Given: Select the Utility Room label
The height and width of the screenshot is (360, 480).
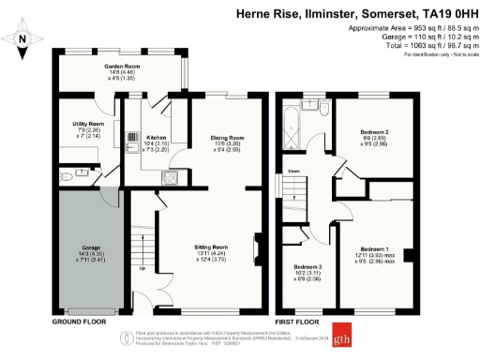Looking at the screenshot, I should tap(87, 124).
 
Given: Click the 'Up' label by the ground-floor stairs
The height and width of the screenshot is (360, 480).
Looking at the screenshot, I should tap(142, 268).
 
